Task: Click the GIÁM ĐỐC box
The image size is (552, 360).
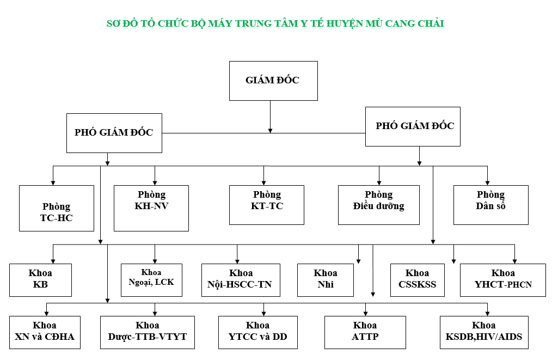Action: (273, 81)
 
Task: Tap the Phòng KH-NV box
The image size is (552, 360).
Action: (151, 208)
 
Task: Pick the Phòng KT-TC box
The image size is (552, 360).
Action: (267, 205)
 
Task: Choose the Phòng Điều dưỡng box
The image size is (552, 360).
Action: (379, 205)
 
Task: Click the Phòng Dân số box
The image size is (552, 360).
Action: (491, 205)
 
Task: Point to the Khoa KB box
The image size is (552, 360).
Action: (40, 280)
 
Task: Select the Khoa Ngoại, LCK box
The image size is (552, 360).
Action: (151, 280)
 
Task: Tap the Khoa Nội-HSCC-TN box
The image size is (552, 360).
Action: (241, 280)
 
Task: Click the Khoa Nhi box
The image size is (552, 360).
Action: (326, 280)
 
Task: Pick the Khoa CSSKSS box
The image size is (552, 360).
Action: (418, 280)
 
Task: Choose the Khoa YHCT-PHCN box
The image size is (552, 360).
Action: (503, 280)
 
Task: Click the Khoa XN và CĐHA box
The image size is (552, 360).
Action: (45, 332)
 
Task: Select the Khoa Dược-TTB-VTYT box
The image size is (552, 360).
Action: (144, 332)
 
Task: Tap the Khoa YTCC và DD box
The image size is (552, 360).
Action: (258, 332)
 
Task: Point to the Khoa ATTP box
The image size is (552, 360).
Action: (365, 332)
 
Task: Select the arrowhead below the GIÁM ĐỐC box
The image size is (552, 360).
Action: (271, 130)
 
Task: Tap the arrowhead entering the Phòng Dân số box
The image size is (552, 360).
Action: (487, 182)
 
